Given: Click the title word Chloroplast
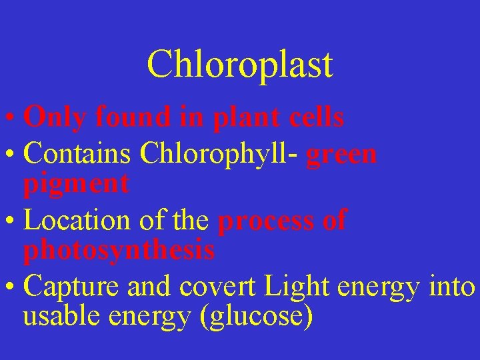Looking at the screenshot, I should coord(239,65).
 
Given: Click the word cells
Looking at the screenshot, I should coord(317,118).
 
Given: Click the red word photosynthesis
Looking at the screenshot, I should coord(119,251).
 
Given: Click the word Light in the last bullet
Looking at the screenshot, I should coord(298,286).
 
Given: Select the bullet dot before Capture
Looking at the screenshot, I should coord(11,287).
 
